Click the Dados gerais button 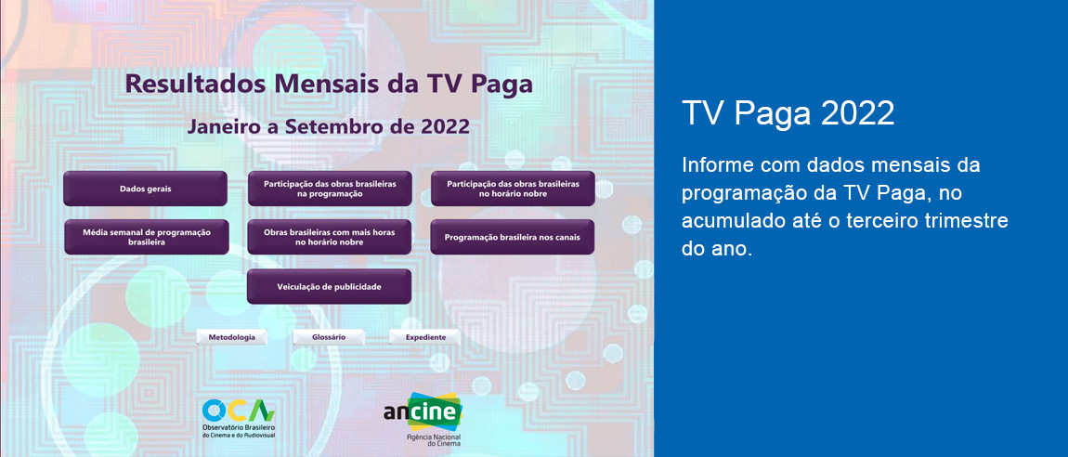pyautogui.click(x=145, y=189)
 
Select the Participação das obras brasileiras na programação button pyautogui.click(x=329, y=189)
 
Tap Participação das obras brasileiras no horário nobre pyautogui.click(x=513, y=189)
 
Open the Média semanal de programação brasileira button pyautogui.click(x=146, y=237)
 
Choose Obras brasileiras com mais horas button pyautogui.click(x=329, y=237)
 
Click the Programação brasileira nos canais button pyautogui.click(x=513, y=237)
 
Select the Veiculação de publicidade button pyautogui.click(x=329, y=286)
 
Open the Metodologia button pyautogui.click(x=232, y=337)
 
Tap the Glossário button pyautogui.click(x=329, y=337)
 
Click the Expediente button pyautogui.click(x=425, y=337)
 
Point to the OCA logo pyautogui.click(x=238, y=411)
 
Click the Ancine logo pyautogui.click(x=423, y=411)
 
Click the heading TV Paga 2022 pyautogui.click(x=788, y=113)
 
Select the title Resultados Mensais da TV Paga pyautogui.click(x=329, y=84)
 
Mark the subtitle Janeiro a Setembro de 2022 pyautogui.click(x=329, y=125)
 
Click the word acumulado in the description pyautogui.click(x=727, y=222)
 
